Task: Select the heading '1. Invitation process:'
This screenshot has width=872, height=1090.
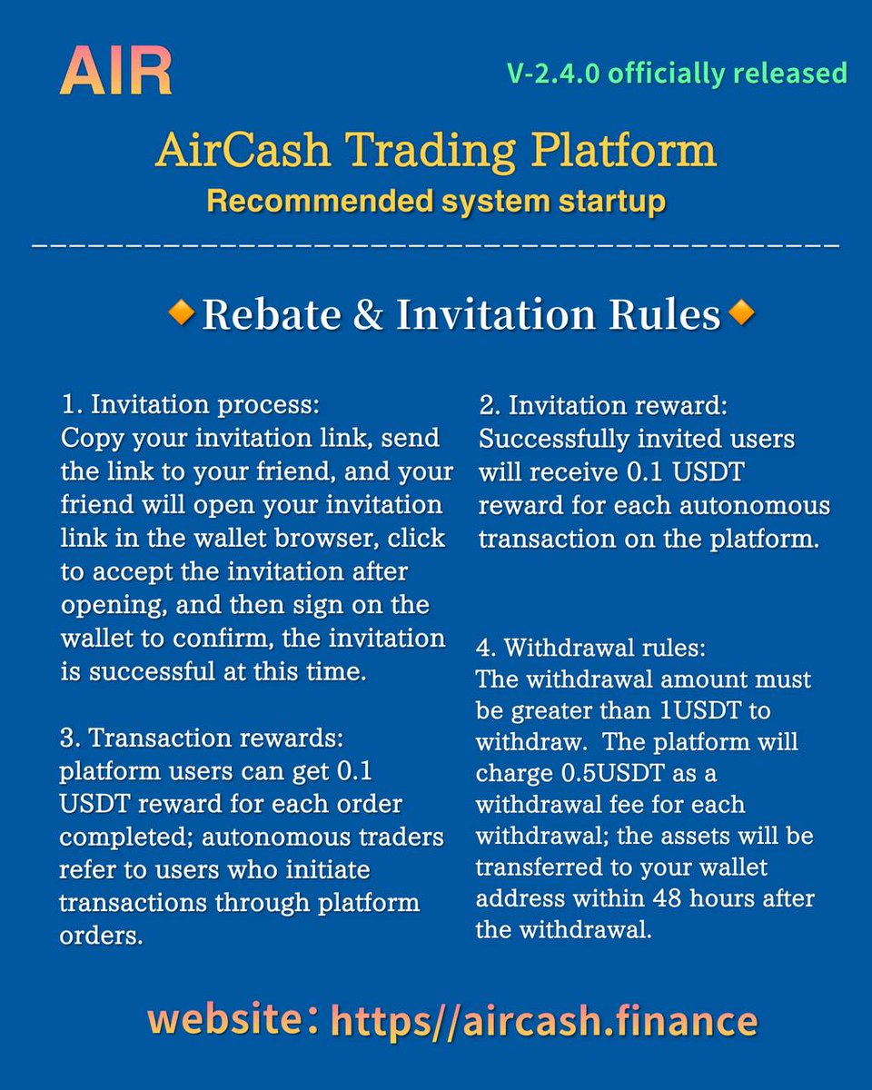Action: pyautogui.click(x=191, y=403)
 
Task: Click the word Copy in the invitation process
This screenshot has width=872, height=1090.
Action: pyautogui.click(x=89, y=437)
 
